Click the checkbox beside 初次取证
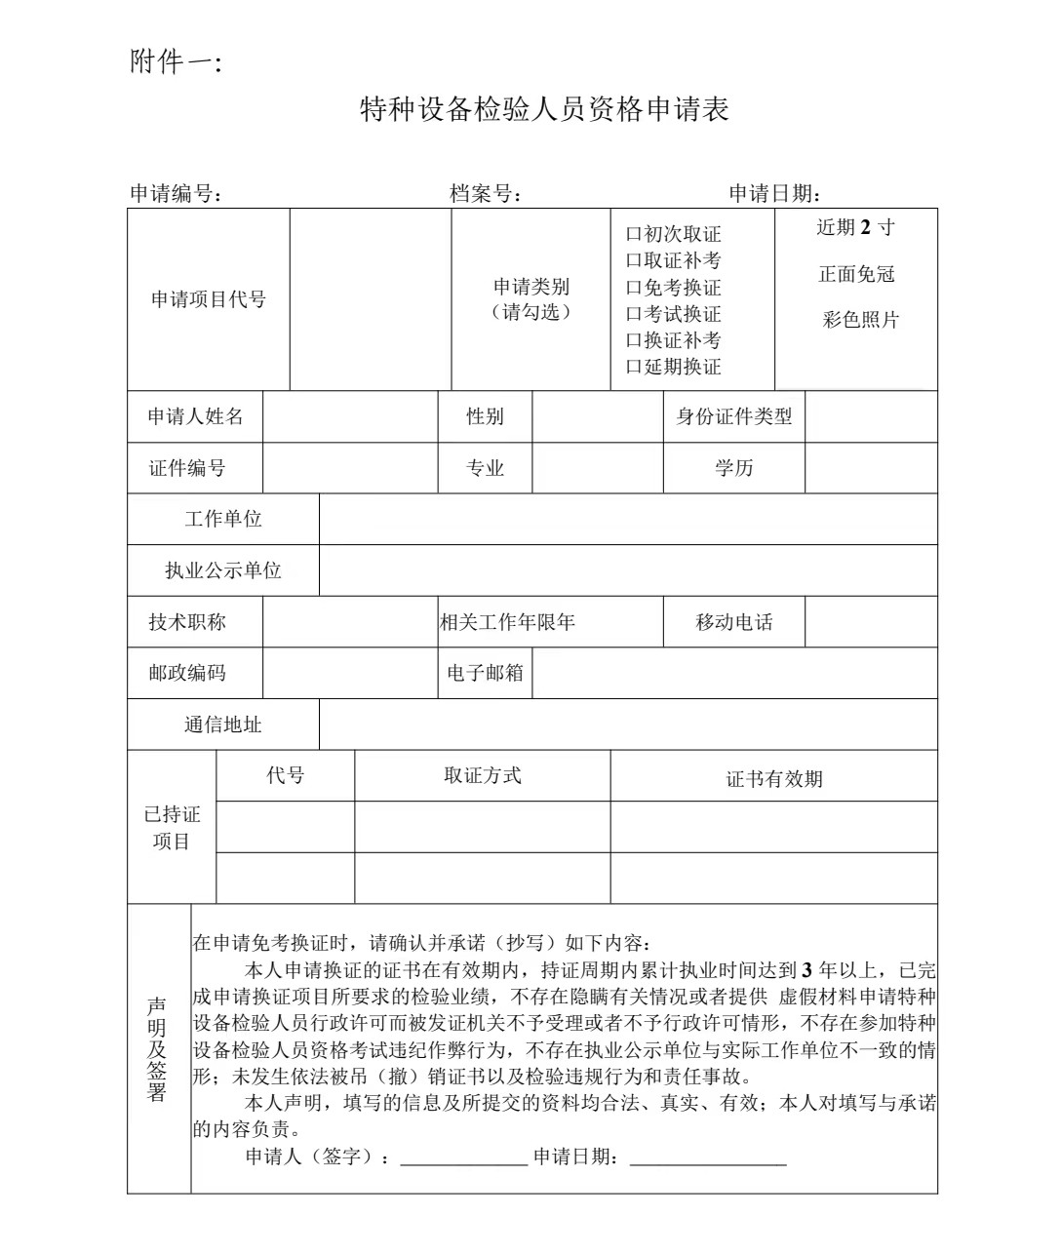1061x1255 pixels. pyautogui.click(x=633, y=235)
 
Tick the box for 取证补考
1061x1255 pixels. pyautogui.click(x=633, y=261)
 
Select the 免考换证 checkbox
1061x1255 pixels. pyautogui.click(x=633, y=289)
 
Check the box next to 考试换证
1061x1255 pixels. pyautogui.click(x=633, y=315)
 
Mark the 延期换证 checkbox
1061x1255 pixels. pyautogui.click(x=633, y=368)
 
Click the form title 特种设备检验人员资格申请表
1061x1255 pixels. pyautogui.click(x=544, y=109)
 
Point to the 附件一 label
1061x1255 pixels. pyautogui.click(x=176, y=63)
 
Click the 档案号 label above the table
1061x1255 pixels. pyautogui.click(x=485, y=193)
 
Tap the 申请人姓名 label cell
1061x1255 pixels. pyautogui.click(x=195, y=416)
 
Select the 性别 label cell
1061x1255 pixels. pyautogui.click(x=485, y=416)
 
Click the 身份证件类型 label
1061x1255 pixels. pyautogui.click(x=733, y=416)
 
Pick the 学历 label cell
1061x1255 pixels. pyautogui.click(x=733, y=468)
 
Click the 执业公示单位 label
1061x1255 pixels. pyautogui.click(x=222, y=570)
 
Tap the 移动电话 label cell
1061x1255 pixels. pyautogui.click(x=733, y=622)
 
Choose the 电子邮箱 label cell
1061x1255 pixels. pyautogui.click(x=485, y=673)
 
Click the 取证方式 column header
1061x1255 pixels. pyautogui.click(x=482, y=775)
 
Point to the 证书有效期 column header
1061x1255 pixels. pyautogui.click(x=773, y=779)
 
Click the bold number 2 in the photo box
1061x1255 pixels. pyautogui.click(x=864, y=227)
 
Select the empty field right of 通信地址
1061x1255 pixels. pyautogui.click(x=628, y=725)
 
